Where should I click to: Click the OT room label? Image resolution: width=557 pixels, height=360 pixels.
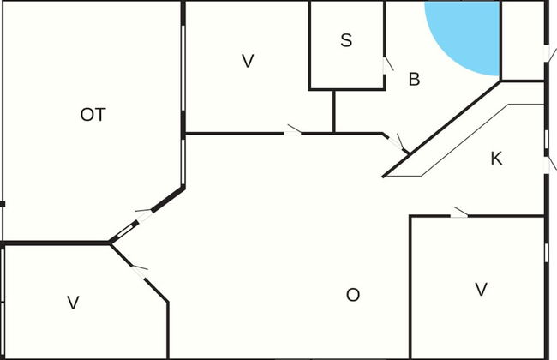point(93,115)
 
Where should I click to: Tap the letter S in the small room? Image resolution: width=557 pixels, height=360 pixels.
point(346,39)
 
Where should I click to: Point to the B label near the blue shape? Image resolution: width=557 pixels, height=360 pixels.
point(414,80)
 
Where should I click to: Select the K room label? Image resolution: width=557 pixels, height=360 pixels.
point(496,158)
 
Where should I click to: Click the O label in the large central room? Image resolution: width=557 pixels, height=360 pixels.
point(353,295)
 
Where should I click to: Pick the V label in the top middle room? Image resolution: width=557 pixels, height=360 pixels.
point(249,61)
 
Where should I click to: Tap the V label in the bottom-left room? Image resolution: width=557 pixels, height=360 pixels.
point(73,302)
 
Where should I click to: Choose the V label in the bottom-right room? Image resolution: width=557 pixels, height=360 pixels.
point(481,289)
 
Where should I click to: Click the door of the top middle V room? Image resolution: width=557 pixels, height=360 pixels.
point(292,130)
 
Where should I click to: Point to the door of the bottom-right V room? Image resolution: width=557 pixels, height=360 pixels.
point(460,212)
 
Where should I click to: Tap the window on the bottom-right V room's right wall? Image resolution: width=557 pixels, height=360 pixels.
point(546,252)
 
